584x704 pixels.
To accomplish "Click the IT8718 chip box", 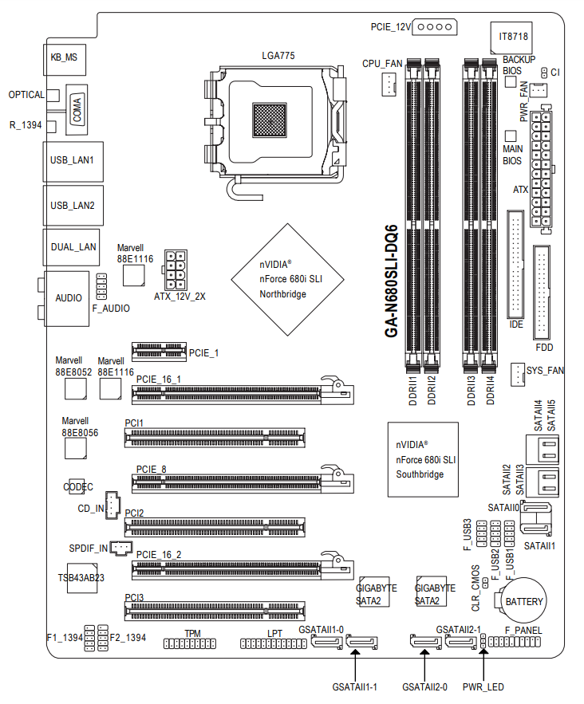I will click(512, 37).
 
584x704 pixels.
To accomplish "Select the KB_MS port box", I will click(65, 57).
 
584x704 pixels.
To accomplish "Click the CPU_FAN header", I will click(389, 82).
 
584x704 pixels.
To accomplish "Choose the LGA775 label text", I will click(278, 56).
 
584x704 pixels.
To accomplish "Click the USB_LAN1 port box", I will click(72, 159).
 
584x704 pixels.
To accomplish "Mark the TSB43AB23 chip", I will click(81, 576).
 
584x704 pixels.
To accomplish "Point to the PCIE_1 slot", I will click(157, 351).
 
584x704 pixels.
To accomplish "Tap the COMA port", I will click(77, 107).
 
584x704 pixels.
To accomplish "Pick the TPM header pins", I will click(192, 643).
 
